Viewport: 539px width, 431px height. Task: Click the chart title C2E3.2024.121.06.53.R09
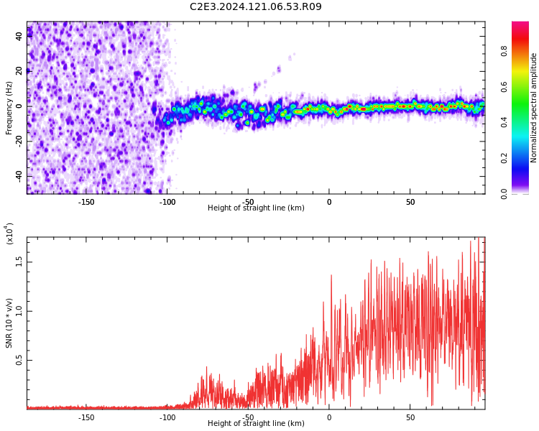point(256,7)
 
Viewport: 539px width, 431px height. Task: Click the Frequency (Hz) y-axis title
point(9,108)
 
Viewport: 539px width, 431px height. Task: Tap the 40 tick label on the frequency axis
point(19,35)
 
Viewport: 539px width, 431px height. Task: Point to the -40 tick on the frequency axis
point(19,176)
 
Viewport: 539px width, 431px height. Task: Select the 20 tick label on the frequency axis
point(19,70)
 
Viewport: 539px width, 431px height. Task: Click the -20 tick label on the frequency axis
point(19,141)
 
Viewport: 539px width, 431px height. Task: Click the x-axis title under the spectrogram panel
point(256,208)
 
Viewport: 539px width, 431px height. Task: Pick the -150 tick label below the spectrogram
point(86,201)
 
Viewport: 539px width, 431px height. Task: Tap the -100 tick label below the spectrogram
point(167,201)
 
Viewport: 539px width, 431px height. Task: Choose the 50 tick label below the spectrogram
point(410,201)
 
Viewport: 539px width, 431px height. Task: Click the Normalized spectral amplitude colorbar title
point(534,108)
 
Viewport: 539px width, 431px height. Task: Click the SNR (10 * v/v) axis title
point(9,323)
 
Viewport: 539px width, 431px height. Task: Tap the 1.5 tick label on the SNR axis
point(19,261)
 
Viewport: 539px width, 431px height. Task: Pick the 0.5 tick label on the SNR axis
point(19,361)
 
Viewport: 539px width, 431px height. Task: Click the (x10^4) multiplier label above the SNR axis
point(9,233)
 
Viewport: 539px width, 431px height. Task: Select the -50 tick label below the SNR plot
point(248,417)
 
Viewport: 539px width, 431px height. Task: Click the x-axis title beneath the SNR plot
point(256,424)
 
